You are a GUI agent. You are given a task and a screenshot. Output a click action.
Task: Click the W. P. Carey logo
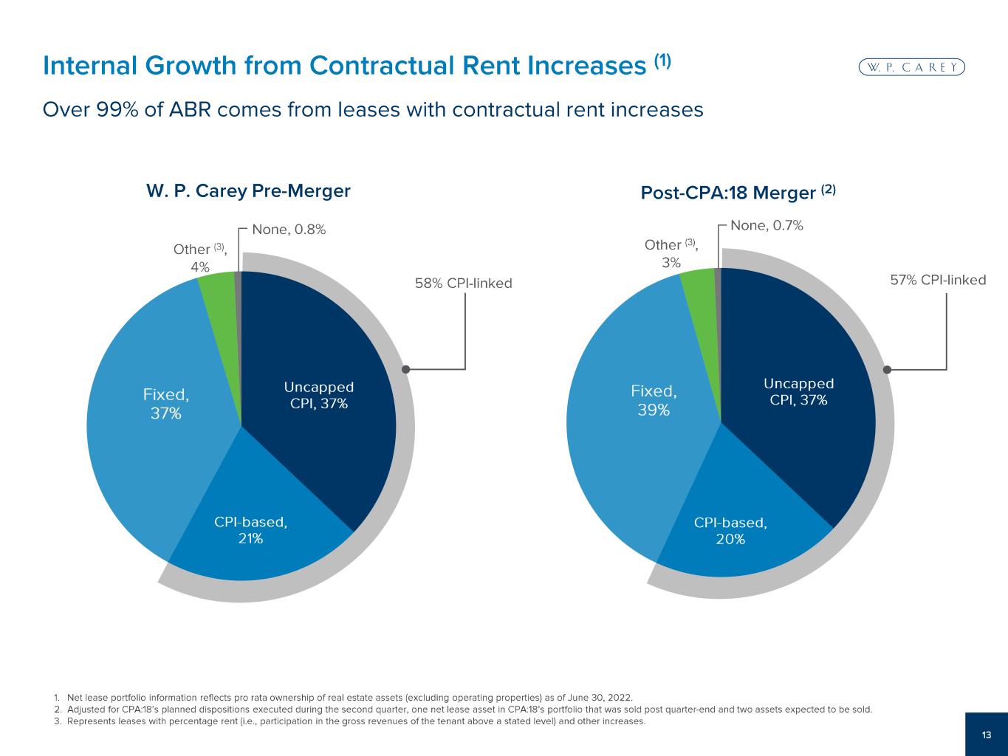click(x=912, y=67)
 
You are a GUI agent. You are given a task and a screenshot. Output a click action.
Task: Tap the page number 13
click(x=987, y=735)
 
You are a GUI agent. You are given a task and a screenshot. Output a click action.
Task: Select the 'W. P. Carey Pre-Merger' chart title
click(x=248, y=191)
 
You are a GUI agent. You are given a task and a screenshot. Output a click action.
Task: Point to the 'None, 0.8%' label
click(x=289, y=230)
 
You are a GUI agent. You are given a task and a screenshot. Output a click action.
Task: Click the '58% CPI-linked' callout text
click(x=464, y=283)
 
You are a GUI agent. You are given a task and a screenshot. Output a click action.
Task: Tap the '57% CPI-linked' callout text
click(x=938, y=280)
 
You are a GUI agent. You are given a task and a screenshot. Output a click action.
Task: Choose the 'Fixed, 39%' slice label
click(x=654, y=399)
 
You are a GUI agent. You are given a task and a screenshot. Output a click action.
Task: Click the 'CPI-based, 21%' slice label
click(x=250, y=530)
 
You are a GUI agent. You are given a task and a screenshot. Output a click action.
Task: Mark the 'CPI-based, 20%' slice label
click(x=730, y=531)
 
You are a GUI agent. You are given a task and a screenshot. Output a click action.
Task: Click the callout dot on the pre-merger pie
click(x=405, y=368)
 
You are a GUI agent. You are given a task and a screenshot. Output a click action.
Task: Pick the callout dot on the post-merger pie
click(x=887, y=369)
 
